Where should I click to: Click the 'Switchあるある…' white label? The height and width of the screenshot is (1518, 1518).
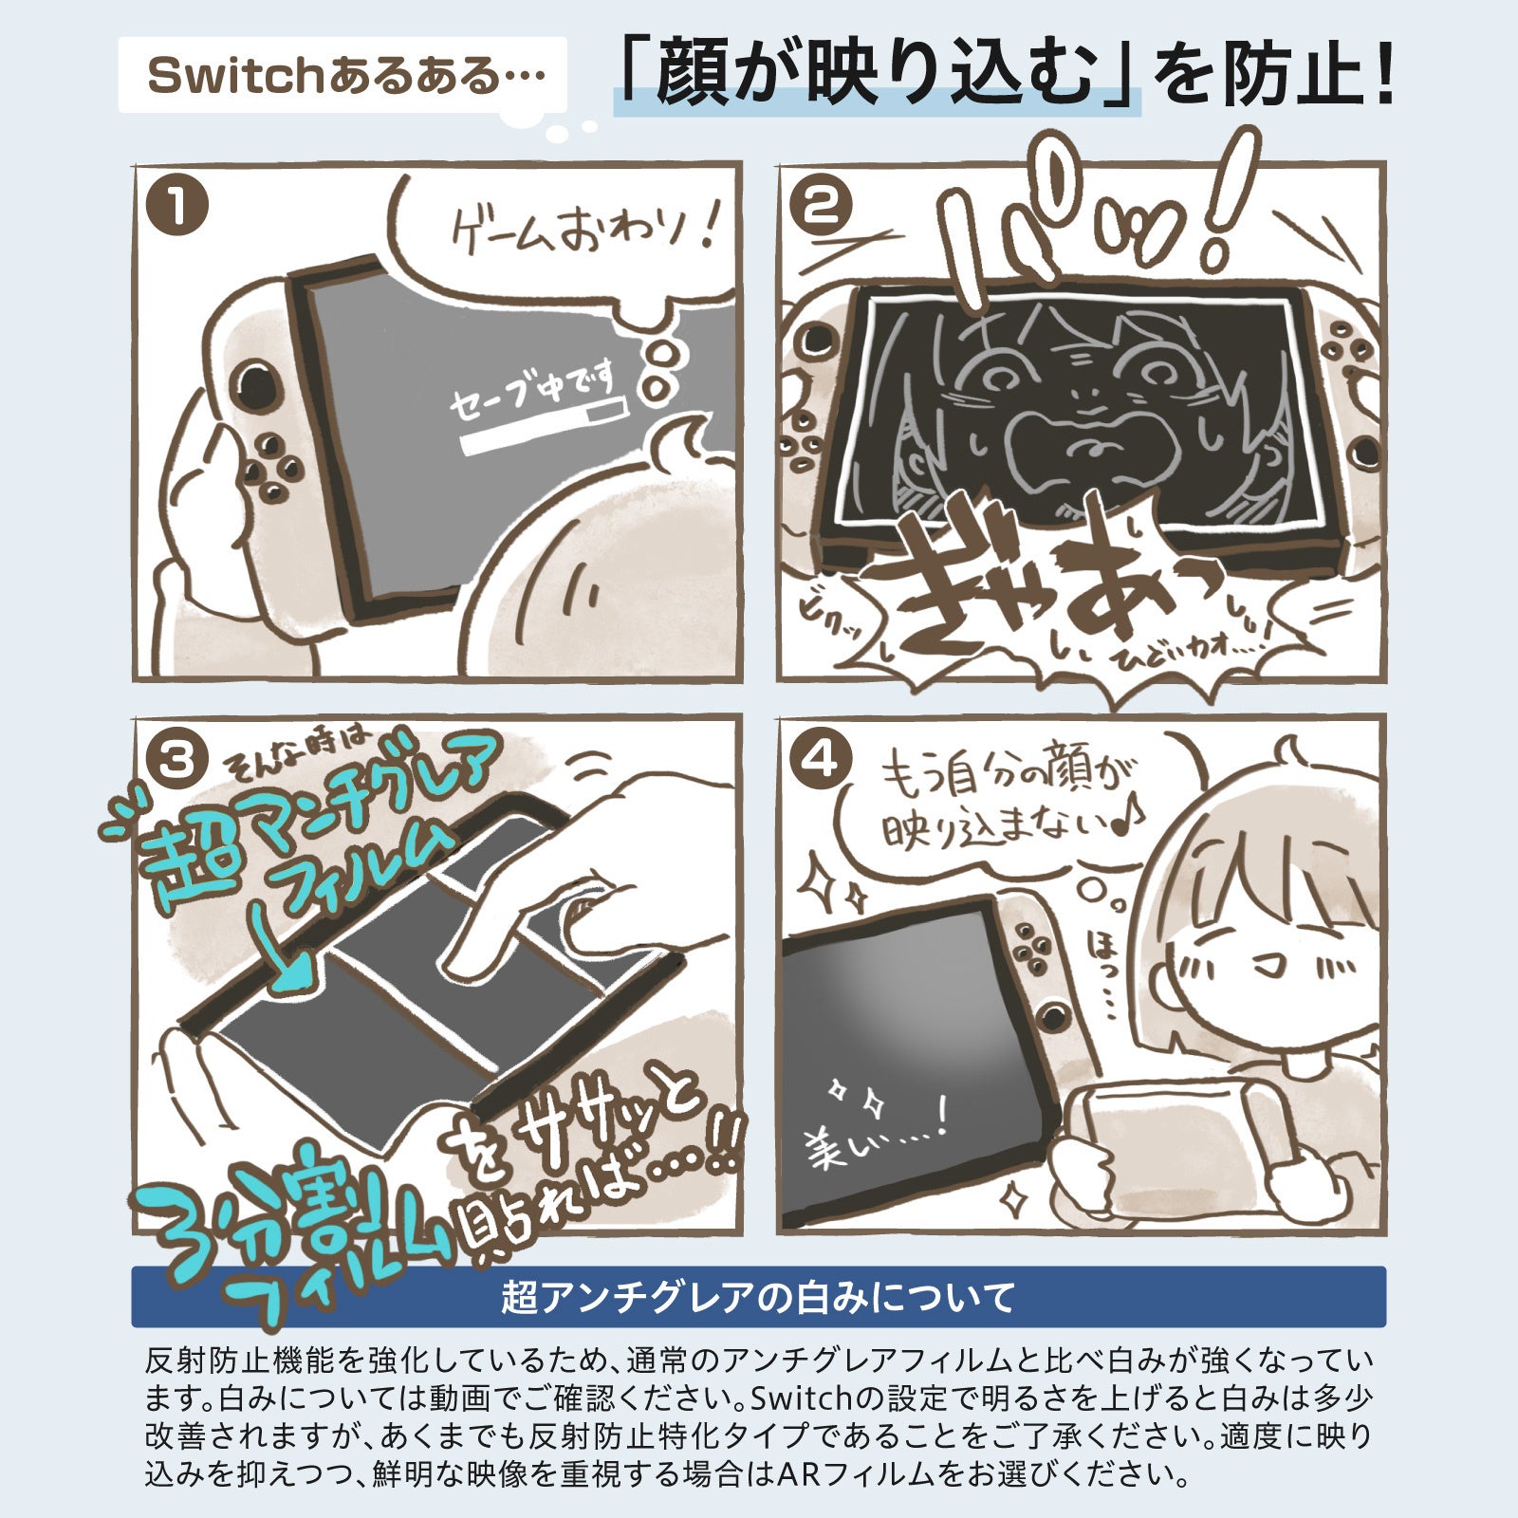pyautogui.click(x=342, y=75)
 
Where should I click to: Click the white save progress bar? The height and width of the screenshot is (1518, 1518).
pyautogui.click(x=541, y=432)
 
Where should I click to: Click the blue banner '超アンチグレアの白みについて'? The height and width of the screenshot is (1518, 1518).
pyautogui.click(x=758, y=1296)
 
